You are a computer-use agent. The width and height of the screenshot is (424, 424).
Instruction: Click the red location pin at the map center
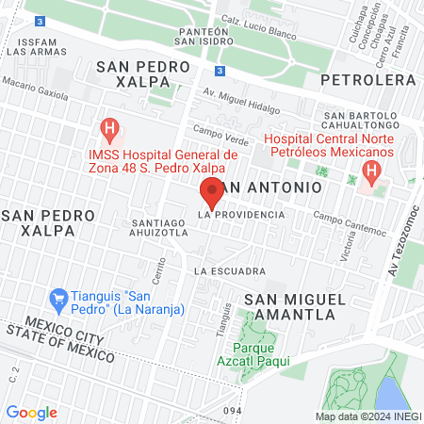[211, 192]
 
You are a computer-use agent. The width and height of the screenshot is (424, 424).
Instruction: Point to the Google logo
[31, 413]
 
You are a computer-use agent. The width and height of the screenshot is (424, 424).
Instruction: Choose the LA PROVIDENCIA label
[240, 216]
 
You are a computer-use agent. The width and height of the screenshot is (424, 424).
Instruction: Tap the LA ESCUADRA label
[229, 271]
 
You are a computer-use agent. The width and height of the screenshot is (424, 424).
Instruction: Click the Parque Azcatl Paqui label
[257, 352]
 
